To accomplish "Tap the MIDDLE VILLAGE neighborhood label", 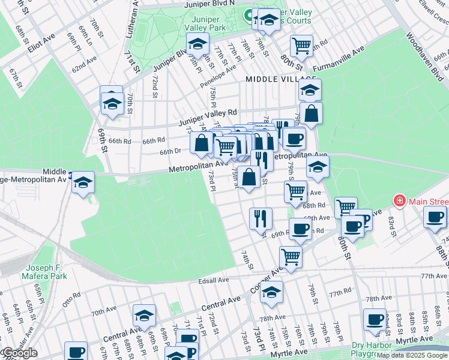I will tap(280, 79).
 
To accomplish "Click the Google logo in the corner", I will tap(20, 353).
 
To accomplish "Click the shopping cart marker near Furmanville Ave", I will tap(301, 44).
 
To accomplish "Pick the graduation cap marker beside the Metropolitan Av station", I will tap(83, 182).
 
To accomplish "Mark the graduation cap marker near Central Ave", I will tap(145, 315).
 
